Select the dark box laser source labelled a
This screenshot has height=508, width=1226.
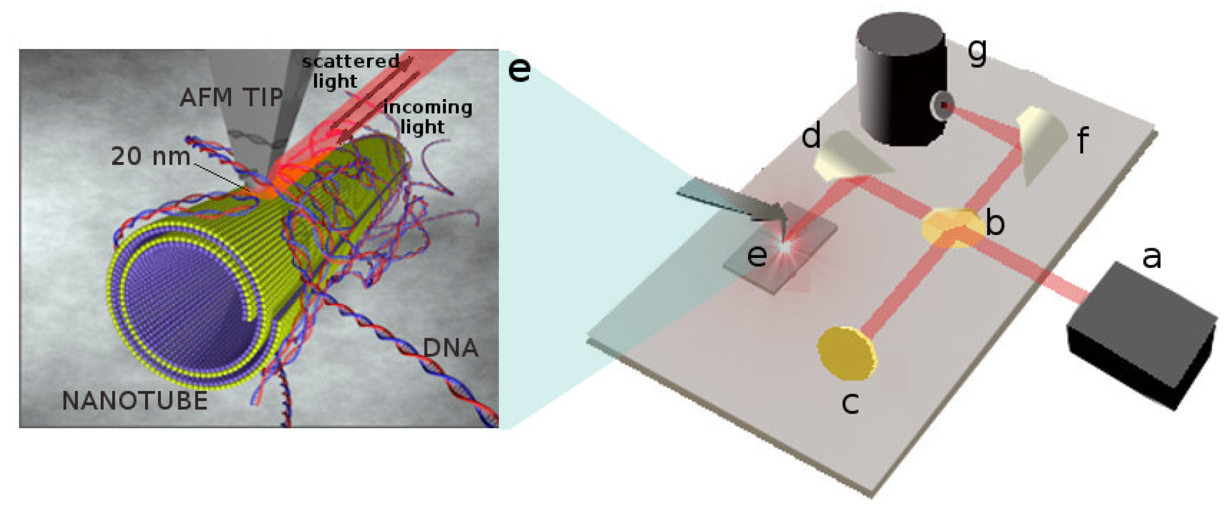pyautogui.click(x=1140, y=333)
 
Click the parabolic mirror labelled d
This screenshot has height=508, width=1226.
pyautogui.click(x=847, y=157)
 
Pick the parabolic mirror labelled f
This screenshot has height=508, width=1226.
pyautogui.click(x=1042, y=143)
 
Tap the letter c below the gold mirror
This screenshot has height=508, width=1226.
pyautogui.click(x=850, y=402)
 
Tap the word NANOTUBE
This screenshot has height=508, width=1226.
pyautogui.click(x=135, y=401)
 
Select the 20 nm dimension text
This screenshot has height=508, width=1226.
pyautogui.click(x=150, y=156)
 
